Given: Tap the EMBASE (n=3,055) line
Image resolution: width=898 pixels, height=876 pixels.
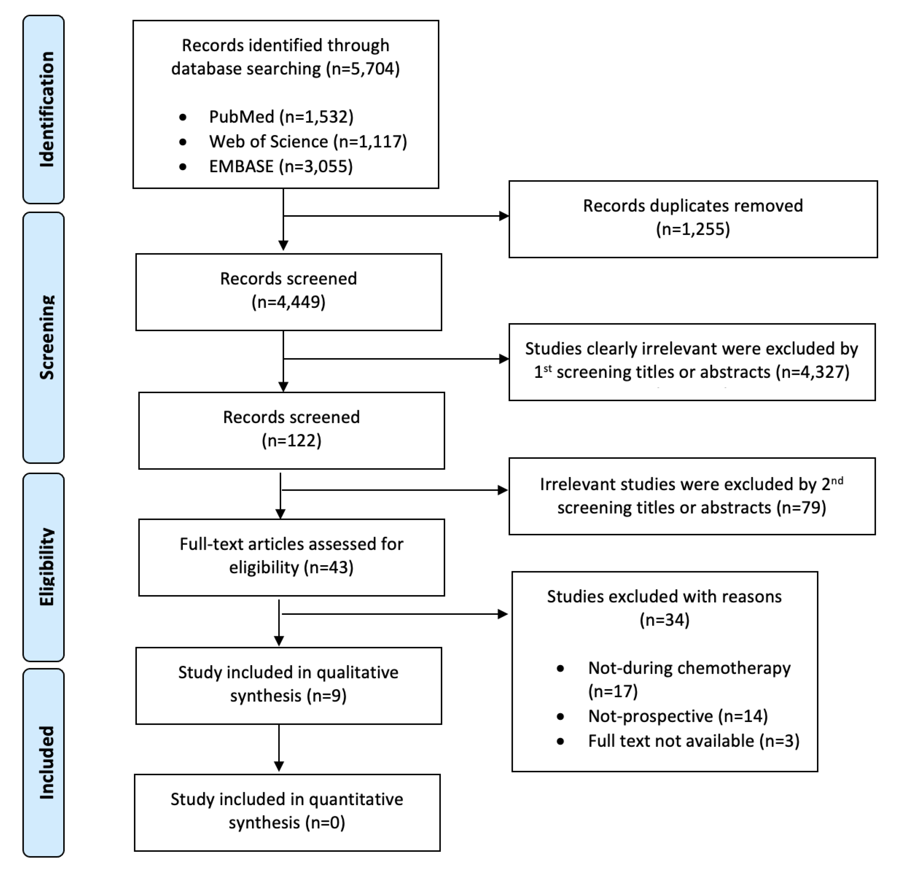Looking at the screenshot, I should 281,166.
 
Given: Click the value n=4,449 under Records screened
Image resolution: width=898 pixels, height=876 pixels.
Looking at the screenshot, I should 288,302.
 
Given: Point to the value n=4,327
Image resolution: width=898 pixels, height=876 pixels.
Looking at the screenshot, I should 812,372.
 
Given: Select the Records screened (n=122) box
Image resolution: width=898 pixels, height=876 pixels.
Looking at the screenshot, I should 291,430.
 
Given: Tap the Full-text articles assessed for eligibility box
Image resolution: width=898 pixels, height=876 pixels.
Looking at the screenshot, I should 291,557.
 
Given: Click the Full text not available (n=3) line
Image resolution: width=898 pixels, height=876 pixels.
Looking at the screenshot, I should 693,741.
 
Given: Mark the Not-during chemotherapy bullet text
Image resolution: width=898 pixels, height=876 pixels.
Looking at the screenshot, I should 689,668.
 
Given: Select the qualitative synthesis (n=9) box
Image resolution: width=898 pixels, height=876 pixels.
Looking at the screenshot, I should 288,685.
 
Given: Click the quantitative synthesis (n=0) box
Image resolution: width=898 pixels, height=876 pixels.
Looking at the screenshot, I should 287,812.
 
